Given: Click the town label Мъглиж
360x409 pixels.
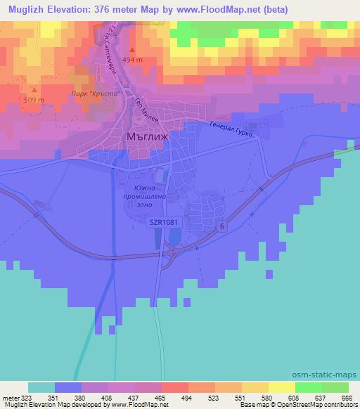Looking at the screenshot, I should coord(148,137).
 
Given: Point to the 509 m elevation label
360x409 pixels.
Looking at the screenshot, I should coord(34,100).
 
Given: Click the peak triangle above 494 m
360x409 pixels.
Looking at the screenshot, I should coord(133,50).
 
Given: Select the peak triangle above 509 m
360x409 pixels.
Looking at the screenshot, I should coord(34,90).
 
